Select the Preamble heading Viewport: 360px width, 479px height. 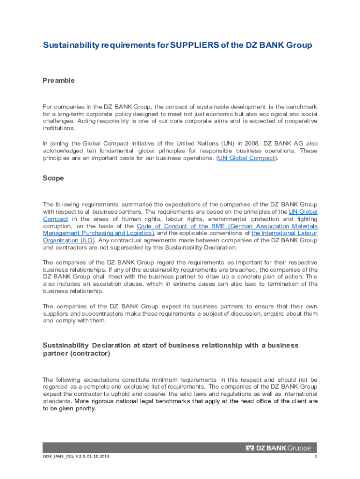[58, 80]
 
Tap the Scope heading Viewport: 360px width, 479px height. [53, 178]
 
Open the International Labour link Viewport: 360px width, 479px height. [284, 233]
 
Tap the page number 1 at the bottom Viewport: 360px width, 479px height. [316, 457]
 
